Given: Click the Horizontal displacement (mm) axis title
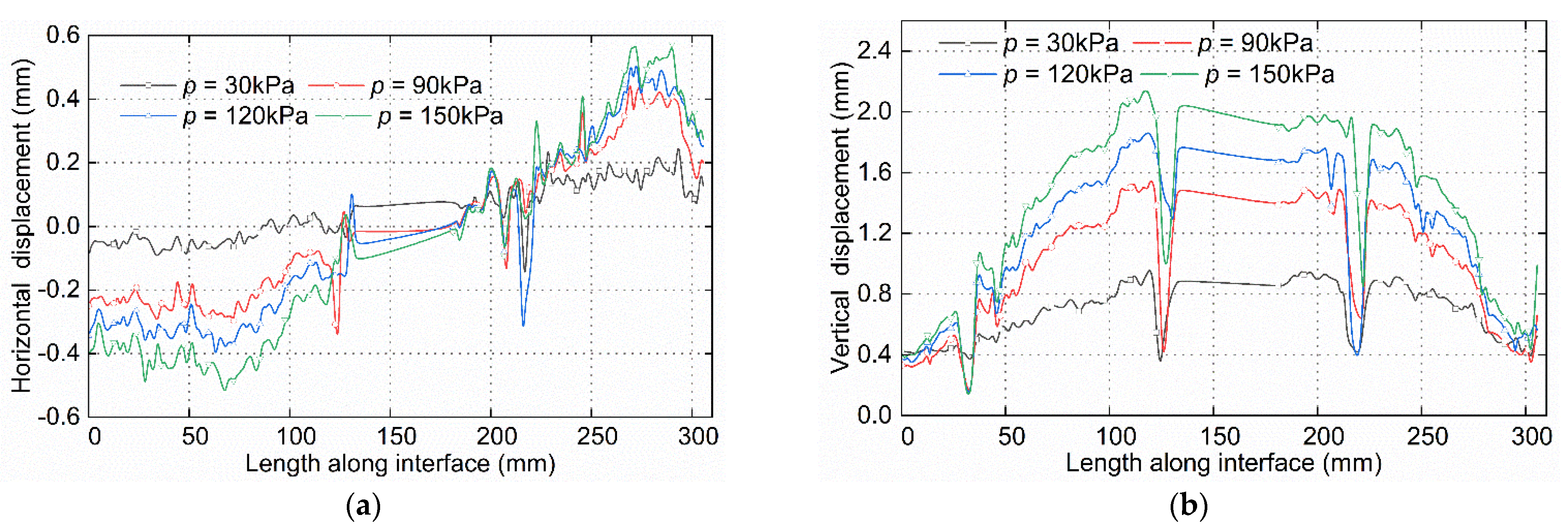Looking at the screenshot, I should pyautogui.click(x=22, y=226).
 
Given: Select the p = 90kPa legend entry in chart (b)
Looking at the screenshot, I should pyautogui.click(x=1254, y=44).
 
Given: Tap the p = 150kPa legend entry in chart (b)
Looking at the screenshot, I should pyautogui.click(x=1269, y=74).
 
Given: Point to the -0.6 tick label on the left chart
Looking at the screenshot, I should pyautogui.click(x=59, y=417).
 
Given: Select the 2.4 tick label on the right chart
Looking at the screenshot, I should pyautogui.click(x=874, y=51).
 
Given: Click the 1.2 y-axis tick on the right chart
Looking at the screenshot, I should pyautogui.click(x=874, y=233).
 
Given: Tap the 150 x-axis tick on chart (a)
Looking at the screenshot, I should pyautogui.click(x=396, y=437).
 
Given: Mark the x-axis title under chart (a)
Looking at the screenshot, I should pyautogui.click(x=400, y=464).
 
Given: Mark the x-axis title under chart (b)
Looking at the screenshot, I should pyautogui.click(x=1223, y=464).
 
